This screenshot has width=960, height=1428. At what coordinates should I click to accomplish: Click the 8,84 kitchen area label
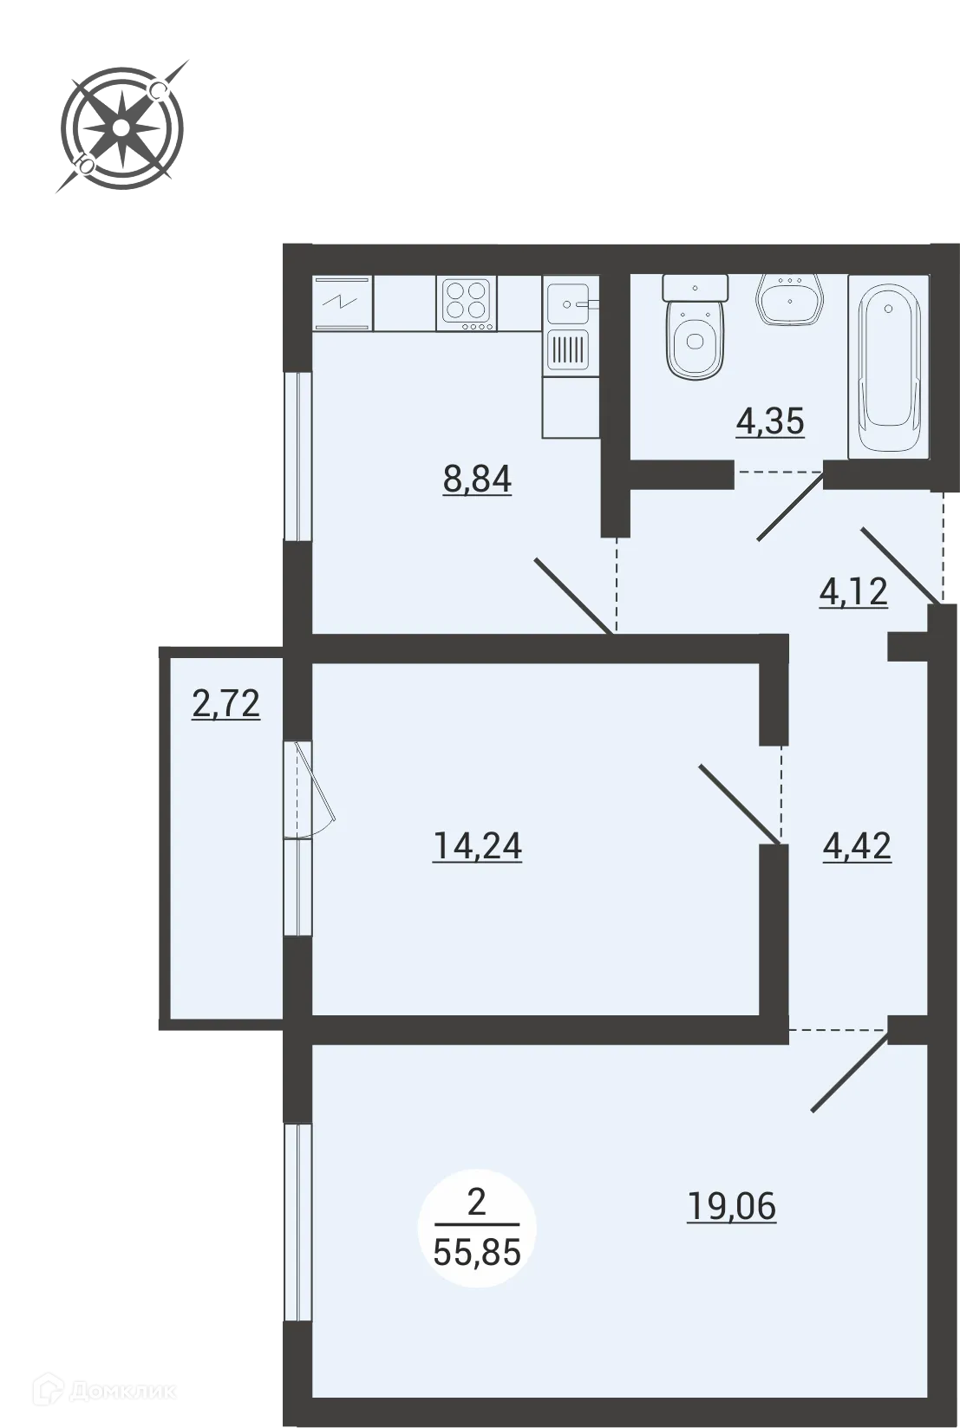pyautogui.click(x=477, y=478)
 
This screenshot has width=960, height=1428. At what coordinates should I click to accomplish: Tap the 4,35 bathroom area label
pyautogui.click(x=770, y=421)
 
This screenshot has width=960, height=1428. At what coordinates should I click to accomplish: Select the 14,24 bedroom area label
pyautogui.click(x=477, y=845)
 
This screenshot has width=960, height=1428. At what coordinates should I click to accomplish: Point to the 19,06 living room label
pyautogui.click(x=731, y=1205)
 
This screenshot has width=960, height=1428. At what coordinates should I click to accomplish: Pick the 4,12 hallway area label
pyautogui.click(x=853, y=591)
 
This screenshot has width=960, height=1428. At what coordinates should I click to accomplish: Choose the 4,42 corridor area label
pyautogui.click(x=857, y=845)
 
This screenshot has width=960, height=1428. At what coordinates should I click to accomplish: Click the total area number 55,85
pyautogui.click(x=477, y=1251)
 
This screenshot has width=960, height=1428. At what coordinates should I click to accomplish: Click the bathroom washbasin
pyautogui.click(x=789, y=300)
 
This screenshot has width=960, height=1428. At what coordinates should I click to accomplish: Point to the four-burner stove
pyautogui.click(x=467, y=303)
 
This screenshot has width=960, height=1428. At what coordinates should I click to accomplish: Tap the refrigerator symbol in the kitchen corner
pyautogui.click(x=343, y=303)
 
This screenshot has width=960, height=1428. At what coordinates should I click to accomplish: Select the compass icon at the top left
pyautogui.click(x=121, y=128)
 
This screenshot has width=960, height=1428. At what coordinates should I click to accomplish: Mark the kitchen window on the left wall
pyautogui.click(x=297, y=456)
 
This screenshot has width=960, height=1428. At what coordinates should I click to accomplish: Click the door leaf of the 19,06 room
pyautogui.click(x=851, y=1072)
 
